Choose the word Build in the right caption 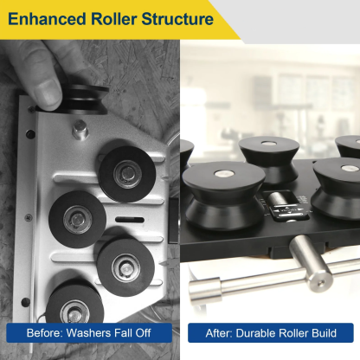coord(331,333)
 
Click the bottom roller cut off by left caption coord(76,307)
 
